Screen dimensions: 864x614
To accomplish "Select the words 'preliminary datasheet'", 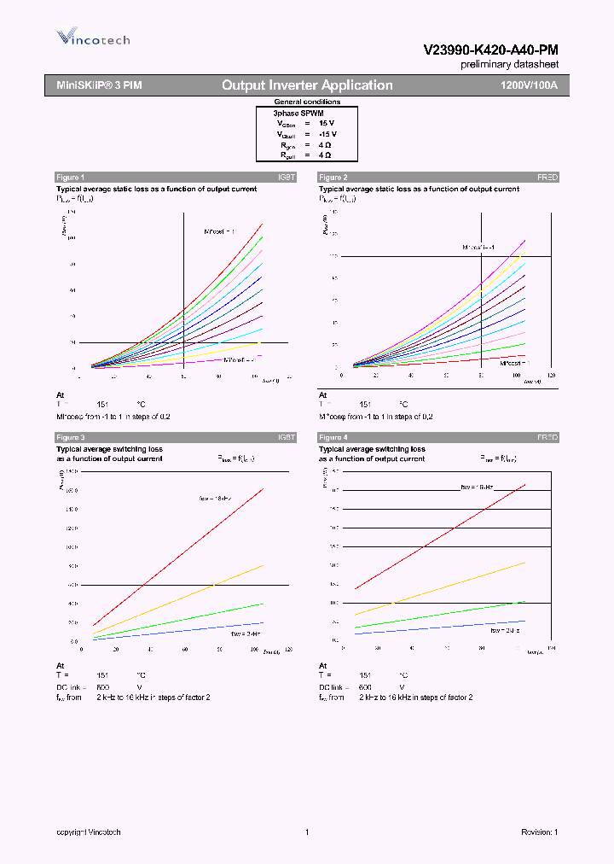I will coord(509,65).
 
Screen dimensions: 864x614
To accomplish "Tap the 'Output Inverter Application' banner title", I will coord(307,85).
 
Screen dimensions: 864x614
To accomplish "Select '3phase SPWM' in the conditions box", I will coord(298,113).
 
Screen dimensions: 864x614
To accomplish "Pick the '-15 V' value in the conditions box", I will coord(327,134).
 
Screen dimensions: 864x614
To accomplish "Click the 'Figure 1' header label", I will coord(70,177).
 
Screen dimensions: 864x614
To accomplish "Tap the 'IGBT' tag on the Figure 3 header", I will coord(287,437).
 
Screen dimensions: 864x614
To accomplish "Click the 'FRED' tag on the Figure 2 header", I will coord(547,177).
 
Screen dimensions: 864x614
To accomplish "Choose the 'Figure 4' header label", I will coord(333,437).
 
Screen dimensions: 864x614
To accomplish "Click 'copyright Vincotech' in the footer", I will coord(89,832).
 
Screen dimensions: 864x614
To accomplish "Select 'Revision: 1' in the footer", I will coord(539,832).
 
